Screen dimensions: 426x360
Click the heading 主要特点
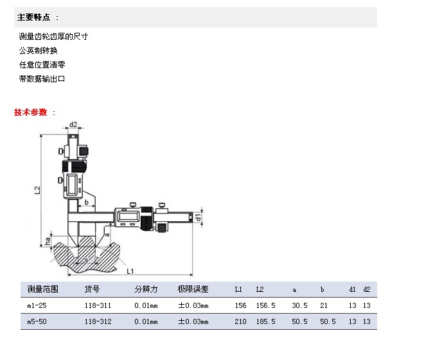(x=33, y=17)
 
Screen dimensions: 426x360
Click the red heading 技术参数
(x=30, y=113)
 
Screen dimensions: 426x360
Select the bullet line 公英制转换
(x=39, y=51)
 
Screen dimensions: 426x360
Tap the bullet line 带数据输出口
(x=42, y=79)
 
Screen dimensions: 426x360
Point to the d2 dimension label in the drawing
(x=73, y=125)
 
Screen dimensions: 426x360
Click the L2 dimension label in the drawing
(x=37, y=190)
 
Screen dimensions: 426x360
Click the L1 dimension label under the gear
(x=130, y=271)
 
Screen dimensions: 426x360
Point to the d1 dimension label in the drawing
(x=198, y=217)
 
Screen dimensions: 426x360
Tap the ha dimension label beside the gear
(x=48, y=241)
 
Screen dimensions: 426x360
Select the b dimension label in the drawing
(x=86, y=203)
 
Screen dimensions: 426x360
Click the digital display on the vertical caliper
(x=72, y=185)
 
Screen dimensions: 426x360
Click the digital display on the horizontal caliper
(x=129, y=217)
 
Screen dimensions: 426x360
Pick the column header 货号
(x=92, y=289)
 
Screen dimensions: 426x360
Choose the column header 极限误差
(x=193, y=289)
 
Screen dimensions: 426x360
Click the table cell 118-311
(x=98, y=305)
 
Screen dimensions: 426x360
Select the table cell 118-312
(x=98, y=321)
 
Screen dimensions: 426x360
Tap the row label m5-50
(x=37, y=321)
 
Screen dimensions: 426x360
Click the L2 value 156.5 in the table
(x=266, y=305)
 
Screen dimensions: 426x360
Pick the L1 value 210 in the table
(x=240, y=321)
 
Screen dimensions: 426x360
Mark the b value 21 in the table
(x=324, y=305)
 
